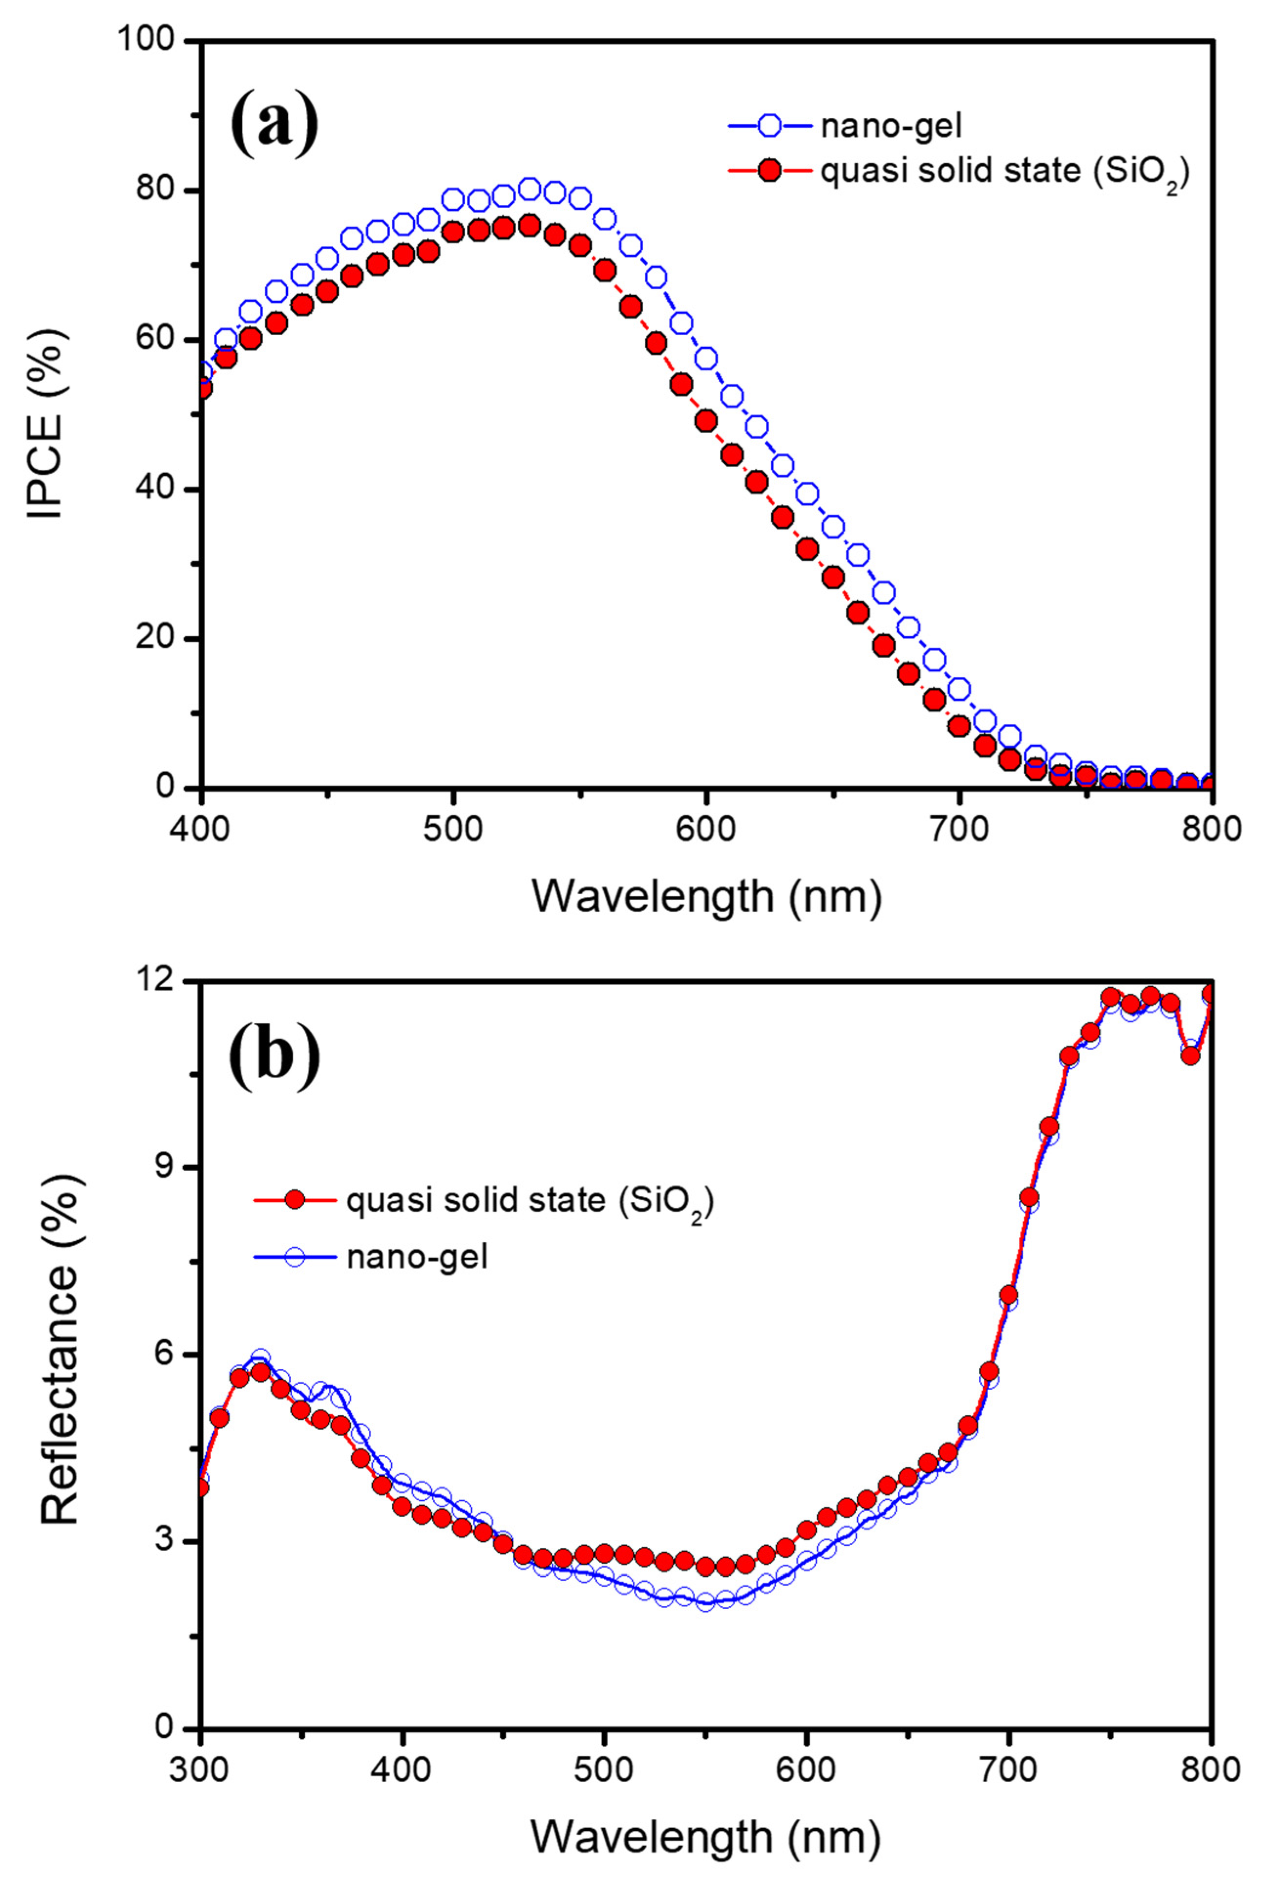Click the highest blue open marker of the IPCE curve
point(530,190)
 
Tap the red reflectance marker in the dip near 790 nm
point(1190,1056)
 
